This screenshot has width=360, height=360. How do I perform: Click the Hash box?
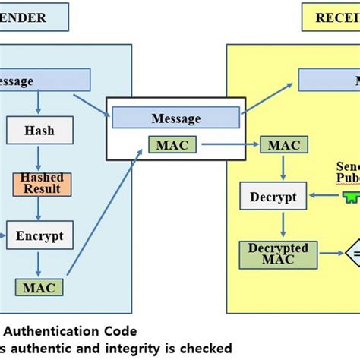tap(39, 131)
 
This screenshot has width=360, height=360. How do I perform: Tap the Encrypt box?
tap(39, 235)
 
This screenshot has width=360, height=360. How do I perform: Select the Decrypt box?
tap(273, 197)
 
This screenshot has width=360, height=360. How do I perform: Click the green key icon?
tap(351, 197)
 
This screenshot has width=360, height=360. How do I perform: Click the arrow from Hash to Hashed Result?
tap(39, 158)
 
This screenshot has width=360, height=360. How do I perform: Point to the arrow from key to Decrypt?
tap(323, 197)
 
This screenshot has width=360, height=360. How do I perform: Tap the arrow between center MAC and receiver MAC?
tap(226, 144)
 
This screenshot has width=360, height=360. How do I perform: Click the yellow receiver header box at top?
tap(331, 17)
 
